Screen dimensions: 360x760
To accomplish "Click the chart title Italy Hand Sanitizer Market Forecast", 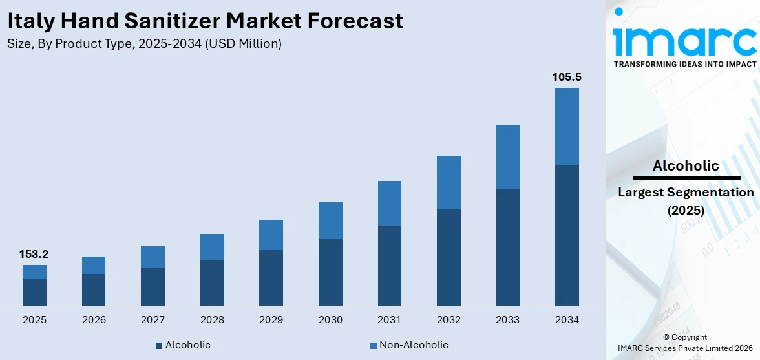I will coord(205,21).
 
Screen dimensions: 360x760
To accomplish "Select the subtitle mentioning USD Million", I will coord(144,44).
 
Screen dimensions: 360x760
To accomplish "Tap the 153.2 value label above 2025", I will coord(34,254).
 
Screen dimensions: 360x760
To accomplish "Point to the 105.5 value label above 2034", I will coord(567,77).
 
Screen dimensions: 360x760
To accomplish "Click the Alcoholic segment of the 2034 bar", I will coord(567,235).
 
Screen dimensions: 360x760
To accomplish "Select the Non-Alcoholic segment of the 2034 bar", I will coord(567,127).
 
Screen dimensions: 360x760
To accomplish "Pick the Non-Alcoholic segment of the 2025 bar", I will coord(34,272).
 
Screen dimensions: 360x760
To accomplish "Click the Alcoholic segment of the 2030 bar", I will coord(330,272).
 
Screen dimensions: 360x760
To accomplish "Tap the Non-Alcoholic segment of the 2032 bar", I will coord(449,182).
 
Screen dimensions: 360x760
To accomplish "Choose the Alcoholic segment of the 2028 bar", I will coord(212,282).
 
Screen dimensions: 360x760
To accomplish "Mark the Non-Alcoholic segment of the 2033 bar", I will coord(508,157).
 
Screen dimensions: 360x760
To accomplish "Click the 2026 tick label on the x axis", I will coord(94,320).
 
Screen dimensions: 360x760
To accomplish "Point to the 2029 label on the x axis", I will coord(271,320).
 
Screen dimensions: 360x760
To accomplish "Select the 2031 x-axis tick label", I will coord(389,320).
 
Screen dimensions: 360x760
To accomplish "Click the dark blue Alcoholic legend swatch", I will coord(159,346).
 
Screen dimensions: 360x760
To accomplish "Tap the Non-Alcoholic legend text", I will coord(414,345).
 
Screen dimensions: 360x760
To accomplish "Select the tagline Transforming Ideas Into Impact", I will coord(684,64).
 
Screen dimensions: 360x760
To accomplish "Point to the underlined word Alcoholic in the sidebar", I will coord(686,165).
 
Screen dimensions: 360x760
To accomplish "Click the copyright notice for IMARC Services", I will coord(685,343).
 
